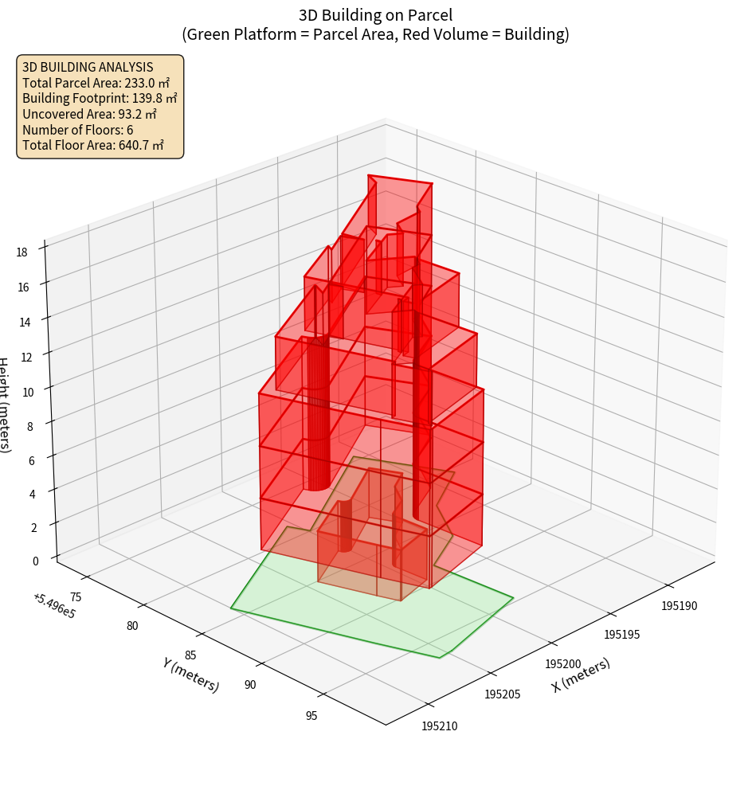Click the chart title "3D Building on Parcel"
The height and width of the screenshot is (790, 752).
click(375, 14)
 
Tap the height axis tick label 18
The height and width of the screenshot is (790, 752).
click(22, 252)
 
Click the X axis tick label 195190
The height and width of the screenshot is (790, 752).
click(678, 606)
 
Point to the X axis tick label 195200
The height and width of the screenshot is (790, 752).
click(563, 664)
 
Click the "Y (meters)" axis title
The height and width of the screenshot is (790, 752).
click(190, 674)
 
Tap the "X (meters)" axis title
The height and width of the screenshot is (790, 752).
click(581, 675)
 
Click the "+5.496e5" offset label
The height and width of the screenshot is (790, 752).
click(54, 606)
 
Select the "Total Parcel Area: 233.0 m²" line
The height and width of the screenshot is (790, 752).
click(96, 83)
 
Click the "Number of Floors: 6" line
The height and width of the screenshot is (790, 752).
click(77, 130)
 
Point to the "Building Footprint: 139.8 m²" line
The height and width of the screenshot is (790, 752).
click(100, 99)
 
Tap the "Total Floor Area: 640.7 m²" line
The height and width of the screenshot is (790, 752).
click(93, 145)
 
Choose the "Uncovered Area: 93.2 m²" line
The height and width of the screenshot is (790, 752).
click(91, 114)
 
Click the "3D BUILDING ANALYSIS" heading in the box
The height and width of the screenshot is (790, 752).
click(88, 68)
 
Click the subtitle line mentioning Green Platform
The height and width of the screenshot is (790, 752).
click(375, 34)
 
